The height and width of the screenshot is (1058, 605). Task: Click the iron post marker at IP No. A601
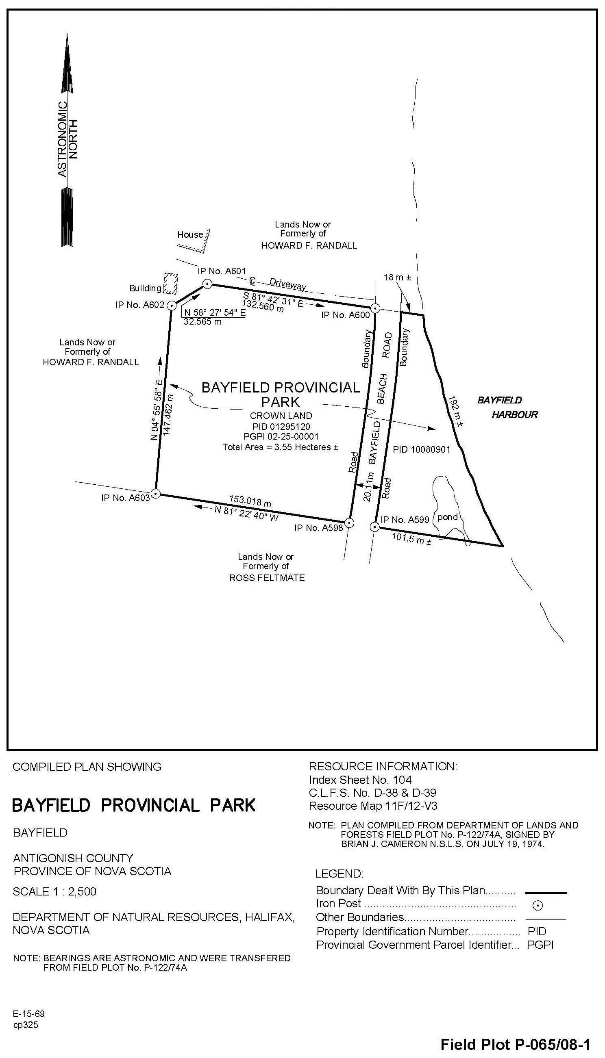(207, 284)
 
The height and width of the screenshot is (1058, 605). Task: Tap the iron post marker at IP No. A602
(171, 306)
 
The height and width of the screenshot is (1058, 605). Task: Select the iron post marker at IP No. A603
(155, 493)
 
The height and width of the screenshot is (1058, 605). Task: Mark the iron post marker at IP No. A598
(349, 523)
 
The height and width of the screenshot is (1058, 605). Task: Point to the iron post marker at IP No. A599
(375, 527)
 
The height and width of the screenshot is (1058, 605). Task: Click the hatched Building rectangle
(170, 283)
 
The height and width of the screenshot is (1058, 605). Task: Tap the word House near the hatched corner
(190, 234)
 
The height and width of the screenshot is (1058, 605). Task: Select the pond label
(448, 517)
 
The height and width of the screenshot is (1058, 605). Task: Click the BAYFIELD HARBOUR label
(507, 408)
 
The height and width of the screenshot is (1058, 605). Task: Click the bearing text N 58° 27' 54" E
(214, 313)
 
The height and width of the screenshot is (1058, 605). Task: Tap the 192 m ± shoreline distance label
(456, 412)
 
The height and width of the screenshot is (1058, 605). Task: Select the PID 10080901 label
(421, 449)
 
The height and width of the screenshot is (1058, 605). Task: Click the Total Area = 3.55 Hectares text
(280, 447)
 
